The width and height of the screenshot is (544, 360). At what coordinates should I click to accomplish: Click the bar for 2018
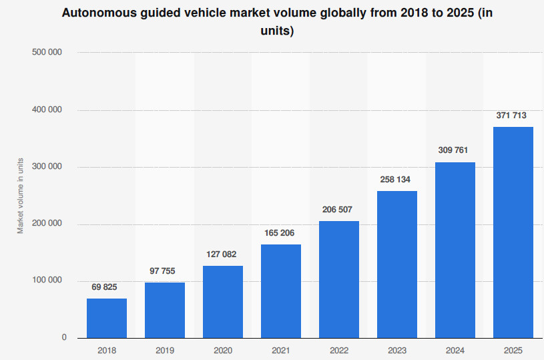tap(107, 318)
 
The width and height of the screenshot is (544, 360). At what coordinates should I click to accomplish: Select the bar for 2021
tap(281, 291)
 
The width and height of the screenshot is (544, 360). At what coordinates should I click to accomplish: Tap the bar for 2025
tap(513, 232)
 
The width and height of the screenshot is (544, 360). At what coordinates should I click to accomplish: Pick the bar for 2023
tap(397, 264)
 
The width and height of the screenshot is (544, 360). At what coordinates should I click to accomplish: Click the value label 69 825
tap(107, 287)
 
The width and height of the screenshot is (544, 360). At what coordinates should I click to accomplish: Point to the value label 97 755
tap(165, 271)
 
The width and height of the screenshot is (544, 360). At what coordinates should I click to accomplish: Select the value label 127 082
tap(223, 254)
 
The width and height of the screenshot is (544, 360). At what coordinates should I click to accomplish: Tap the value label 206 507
tap(339, 210)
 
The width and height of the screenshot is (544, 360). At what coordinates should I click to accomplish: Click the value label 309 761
tap(455, 150)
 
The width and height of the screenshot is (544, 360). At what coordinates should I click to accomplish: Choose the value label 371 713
tap(513, 116)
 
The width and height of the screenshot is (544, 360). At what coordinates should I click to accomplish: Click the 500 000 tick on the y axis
tap(47, 52)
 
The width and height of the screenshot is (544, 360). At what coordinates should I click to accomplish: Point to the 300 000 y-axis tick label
tap(47, 167)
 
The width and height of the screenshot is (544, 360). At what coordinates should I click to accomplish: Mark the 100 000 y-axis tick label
tap(47, 281)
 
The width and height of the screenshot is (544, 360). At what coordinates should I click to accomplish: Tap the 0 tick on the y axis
tap(64, 338)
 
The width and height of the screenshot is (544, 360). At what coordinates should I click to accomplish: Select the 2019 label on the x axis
tap(165, 350)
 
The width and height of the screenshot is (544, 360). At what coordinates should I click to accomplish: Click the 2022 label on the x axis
tap(339, 350)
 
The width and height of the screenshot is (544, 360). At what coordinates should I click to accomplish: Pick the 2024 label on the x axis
tap(455, 350)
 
